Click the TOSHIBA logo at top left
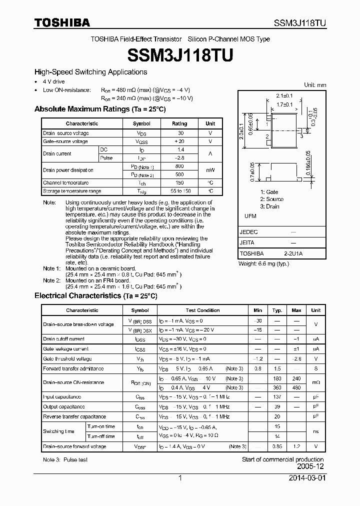[62, 22]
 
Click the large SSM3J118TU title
[180, 55]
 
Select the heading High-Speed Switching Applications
[90, 72]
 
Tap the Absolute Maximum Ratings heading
[99, 109]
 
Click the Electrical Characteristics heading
[95, 295]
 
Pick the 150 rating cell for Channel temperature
[179, 183]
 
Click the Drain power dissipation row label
[68, 170]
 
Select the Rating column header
[179, 123]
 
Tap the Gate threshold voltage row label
[67, 358]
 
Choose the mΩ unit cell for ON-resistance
[315, 382]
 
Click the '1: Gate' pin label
[269, 192]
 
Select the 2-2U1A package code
[293, 253]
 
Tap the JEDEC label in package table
[249, 232]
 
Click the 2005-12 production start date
[310, 467]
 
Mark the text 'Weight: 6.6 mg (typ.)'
[263, 263]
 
